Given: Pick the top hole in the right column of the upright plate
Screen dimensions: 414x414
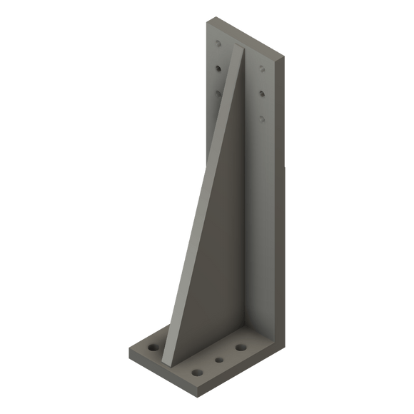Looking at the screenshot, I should [263, 69].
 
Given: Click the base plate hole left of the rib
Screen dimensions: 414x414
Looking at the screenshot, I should [153, 347].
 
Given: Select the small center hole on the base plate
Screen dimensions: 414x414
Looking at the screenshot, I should [220, 360].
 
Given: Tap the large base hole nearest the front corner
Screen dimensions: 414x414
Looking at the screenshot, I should [196, 373].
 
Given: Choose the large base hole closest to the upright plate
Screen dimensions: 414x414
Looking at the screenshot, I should [241, 348].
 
